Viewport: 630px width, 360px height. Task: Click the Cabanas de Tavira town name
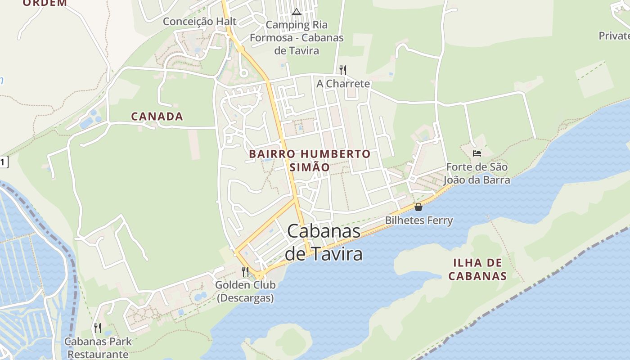[x=324, y=243]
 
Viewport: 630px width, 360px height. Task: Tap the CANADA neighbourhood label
[x=157, y=117]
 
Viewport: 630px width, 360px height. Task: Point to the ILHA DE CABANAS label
[x=477, y=269]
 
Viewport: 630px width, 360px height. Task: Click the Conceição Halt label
[x=199, y=22]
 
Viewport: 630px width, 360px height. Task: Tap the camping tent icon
[x=296, y=12]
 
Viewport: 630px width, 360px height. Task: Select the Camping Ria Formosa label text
[x=297, y=38]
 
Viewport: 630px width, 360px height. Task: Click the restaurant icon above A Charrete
[x=343, y=70]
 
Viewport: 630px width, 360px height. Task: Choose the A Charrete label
[x=343, y=84]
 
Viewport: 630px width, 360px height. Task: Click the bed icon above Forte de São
[x=477, y=153]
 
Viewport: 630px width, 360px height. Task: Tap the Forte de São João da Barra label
[x=477, y=174]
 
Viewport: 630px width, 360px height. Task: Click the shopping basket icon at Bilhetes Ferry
[x=418, y=207]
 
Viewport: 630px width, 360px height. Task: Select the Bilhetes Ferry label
[x=418, y=220]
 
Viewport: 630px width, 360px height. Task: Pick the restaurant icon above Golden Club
[x=245, y=271]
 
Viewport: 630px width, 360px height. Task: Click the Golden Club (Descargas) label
[x=245, y=291]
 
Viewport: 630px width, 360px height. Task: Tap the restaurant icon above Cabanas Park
[x=98, y=328]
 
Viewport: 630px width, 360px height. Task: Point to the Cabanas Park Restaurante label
[x=98, y=348]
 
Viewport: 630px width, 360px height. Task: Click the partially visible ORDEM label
[x=45, y=3]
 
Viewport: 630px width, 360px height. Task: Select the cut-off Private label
[x=614, y=36]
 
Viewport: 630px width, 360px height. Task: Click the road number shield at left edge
[x=4, y=162]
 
